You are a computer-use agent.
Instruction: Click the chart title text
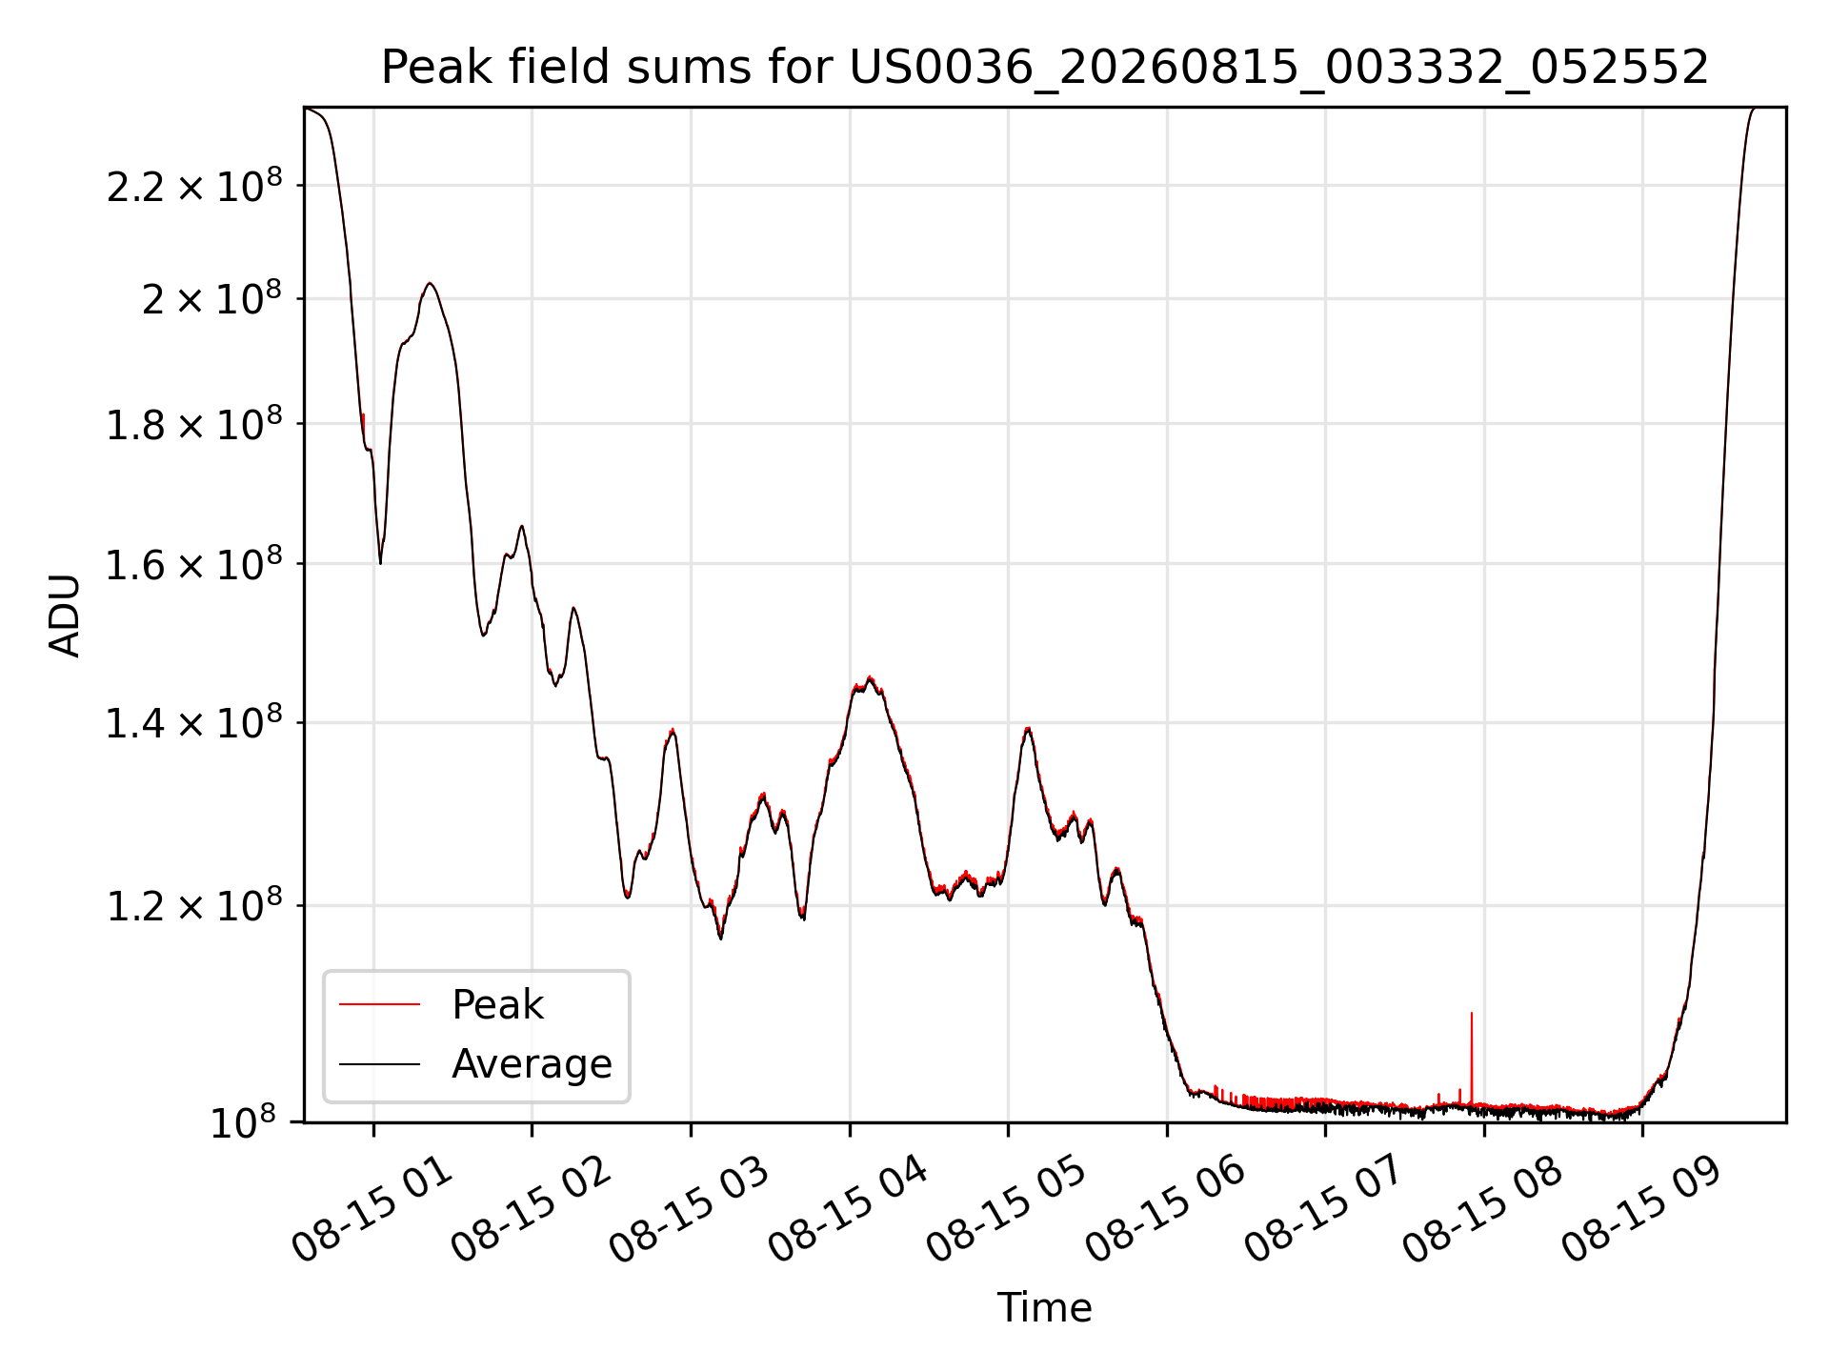[x=1045, y=68]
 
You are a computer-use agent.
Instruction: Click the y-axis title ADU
[x=65, y=615]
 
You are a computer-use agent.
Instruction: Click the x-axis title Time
[x=1044, y=1308]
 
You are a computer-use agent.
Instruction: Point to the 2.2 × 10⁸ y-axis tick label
[x=194, y=186]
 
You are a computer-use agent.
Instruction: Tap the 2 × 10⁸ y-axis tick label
[x=211, y=298]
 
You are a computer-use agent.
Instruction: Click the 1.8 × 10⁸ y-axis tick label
[x=194, y=424]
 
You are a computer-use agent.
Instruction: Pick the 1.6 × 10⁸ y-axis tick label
[x=194, y=564]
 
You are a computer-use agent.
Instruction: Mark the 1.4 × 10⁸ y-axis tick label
[x=194, y=723]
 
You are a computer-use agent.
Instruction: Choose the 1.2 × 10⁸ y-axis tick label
[x=194, y=906]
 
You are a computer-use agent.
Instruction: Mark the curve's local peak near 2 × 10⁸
[x=431, y=283]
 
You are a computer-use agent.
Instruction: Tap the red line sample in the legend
[x=379, y=1004]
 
